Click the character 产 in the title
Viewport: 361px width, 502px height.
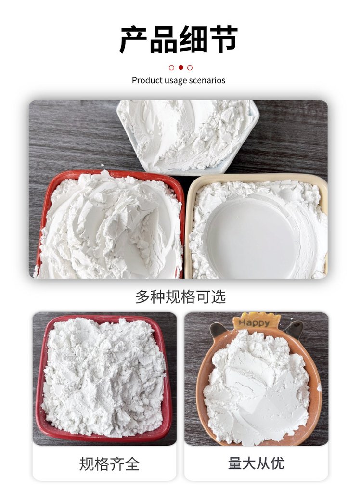[x=133, y=39]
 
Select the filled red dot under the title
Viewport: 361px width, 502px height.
[x=181, y=67]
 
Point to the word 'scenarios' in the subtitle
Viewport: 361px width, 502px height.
[x=207, y=80]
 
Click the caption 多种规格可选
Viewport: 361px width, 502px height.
[x=180, y=297]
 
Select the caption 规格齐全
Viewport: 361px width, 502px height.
[x=109, y=464]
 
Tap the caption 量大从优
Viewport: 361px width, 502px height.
[x=256, y=463]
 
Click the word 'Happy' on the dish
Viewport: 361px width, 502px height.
[x=255, y=322]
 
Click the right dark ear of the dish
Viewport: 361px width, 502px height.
[x=294, y=329]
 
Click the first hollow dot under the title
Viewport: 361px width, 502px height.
[x=171, y=67]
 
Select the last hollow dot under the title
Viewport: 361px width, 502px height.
[x=190, y=67]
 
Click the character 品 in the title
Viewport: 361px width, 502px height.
[x=164, y=39]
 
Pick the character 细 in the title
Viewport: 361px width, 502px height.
[x=193, y=39]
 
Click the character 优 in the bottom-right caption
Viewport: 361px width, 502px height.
[x=277, y=463]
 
